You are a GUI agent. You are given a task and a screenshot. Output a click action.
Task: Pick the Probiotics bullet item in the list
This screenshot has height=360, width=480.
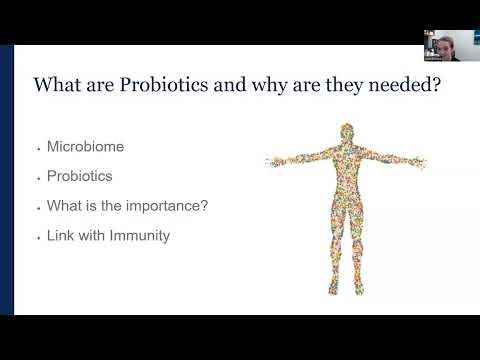pos(80,176)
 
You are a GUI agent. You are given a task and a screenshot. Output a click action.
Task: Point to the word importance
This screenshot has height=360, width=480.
pos(160,206)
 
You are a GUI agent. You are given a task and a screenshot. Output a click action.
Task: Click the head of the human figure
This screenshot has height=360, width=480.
pos(346,133)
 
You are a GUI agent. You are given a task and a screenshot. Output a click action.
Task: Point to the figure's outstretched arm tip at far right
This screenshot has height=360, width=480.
pos(424,159)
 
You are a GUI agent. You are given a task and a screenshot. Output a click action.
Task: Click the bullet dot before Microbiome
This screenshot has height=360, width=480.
pos(37,147)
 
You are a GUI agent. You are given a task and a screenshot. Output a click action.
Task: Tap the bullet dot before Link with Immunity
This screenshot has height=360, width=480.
pos(37,237)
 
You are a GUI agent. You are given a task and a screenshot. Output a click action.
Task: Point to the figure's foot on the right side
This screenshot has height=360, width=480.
pos(360,291)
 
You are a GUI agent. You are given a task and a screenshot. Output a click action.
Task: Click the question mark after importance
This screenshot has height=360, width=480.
pos(204,206)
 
